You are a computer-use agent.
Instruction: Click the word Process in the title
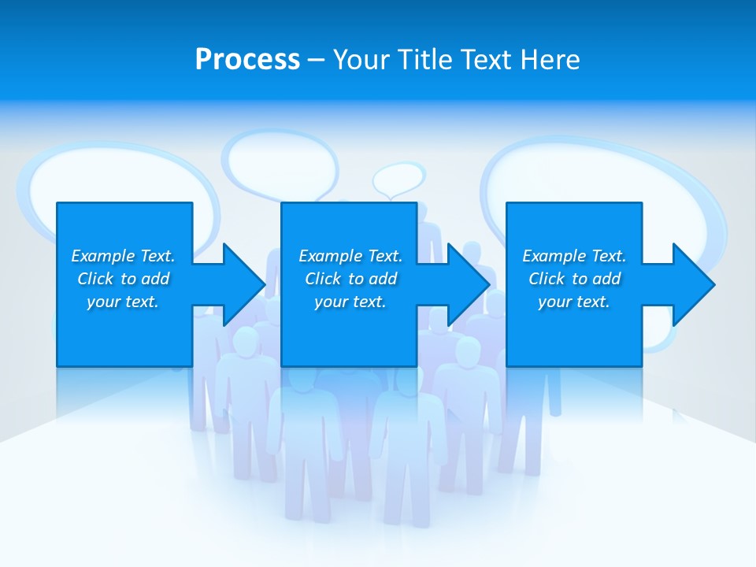pos(247,60)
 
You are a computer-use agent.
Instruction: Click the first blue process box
pos(124,331)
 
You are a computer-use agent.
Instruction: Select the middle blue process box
pos(349,331)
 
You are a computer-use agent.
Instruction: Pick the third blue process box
pos(573,331)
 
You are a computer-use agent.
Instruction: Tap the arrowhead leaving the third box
pos(693,284)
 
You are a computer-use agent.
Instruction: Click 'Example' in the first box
pos(102,256)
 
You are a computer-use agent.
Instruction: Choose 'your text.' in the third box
pos(573,302)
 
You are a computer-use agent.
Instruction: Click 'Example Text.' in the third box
pos(573,256)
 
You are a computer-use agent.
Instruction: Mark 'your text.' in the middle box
pos(350,302)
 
